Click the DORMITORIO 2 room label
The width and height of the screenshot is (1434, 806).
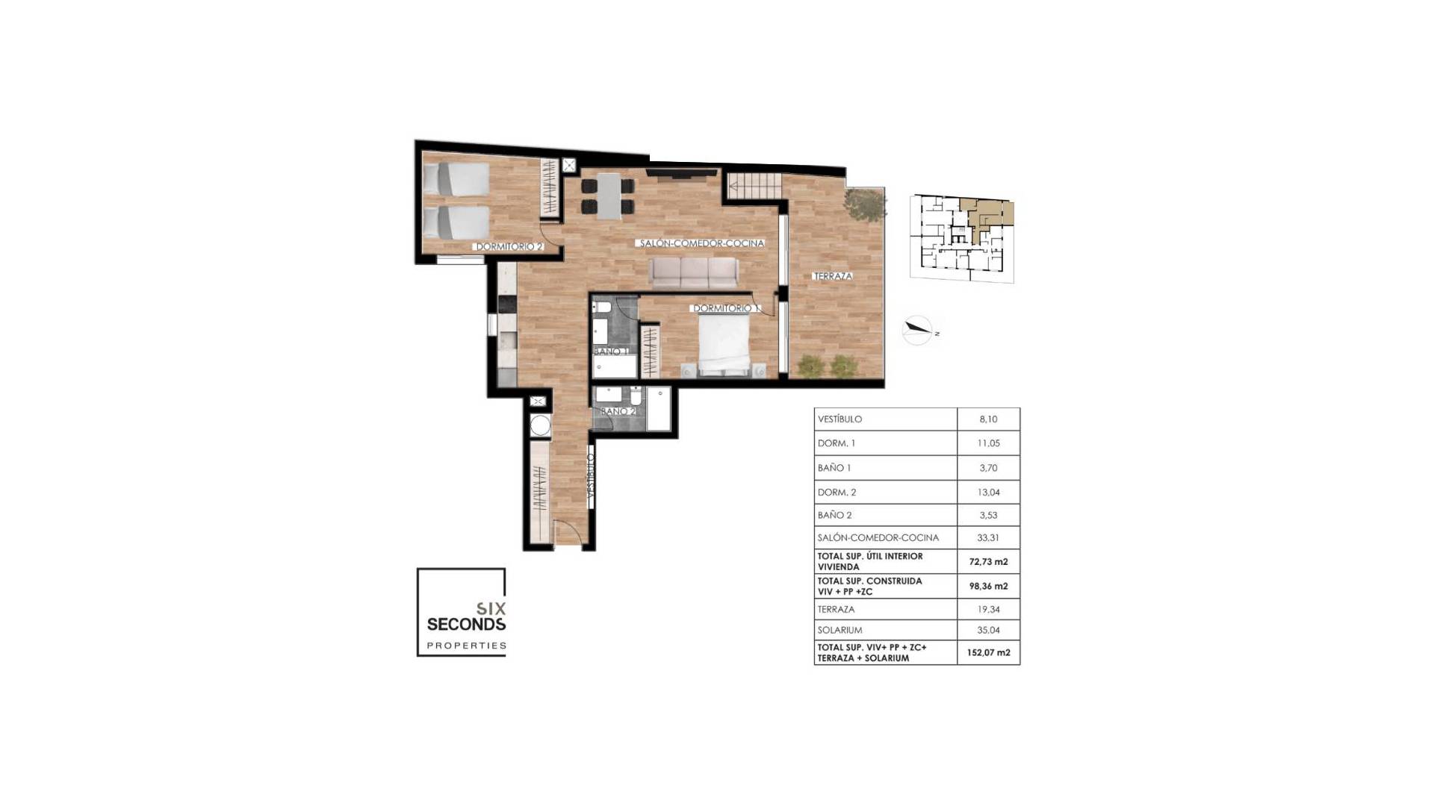509,246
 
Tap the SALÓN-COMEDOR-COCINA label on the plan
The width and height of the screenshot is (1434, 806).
701,243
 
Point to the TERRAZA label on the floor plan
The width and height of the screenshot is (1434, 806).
832,276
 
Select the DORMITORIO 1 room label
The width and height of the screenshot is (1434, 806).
725,308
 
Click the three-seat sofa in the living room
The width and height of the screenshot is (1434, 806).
694,273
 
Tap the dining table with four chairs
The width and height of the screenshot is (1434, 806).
609,196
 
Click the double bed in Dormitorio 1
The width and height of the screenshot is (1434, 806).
724,344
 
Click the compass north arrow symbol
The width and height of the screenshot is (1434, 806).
919,329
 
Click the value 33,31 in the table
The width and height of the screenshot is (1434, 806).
987,537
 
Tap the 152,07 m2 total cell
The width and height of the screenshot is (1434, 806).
987,652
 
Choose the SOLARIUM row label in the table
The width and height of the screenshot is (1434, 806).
839,630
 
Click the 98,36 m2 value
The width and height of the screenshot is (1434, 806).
987,586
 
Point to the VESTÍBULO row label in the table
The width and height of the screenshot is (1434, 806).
839,419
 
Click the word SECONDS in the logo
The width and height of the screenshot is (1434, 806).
466,624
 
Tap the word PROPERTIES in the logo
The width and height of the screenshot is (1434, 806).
466,646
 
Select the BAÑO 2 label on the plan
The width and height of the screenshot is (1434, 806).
618,411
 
